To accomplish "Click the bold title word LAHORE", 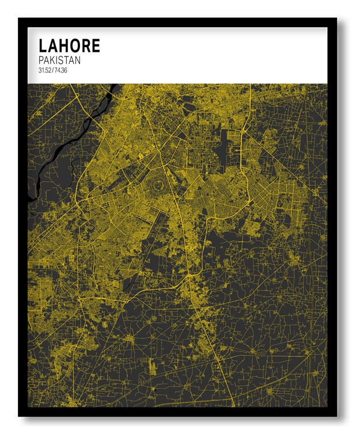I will point(69,45).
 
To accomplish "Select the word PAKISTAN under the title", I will point(59,60).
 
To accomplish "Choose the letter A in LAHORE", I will point(53,45).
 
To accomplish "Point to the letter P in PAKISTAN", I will point(41,60).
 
